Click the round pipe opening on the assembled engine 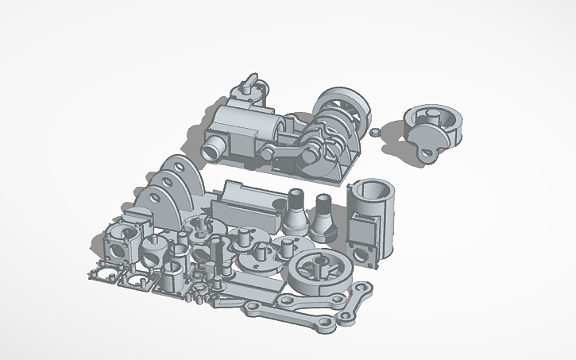coord(213,149)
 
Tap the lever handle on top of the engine coord(253,82)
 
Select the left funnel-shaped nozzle coord(295,212)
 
